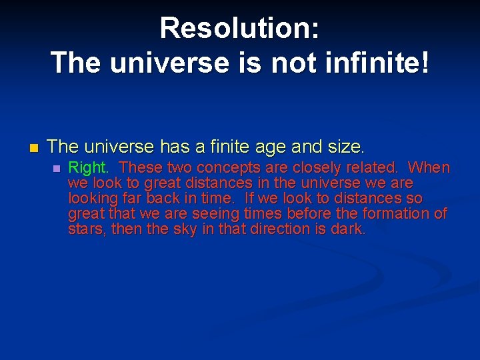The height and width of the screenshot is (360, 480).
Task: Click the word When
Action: click(429, 167)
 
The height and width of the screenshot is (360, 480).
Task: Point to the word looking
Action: click(91, 199)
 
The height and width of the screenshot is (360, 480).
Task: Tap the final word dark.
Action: click(351, 229)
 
